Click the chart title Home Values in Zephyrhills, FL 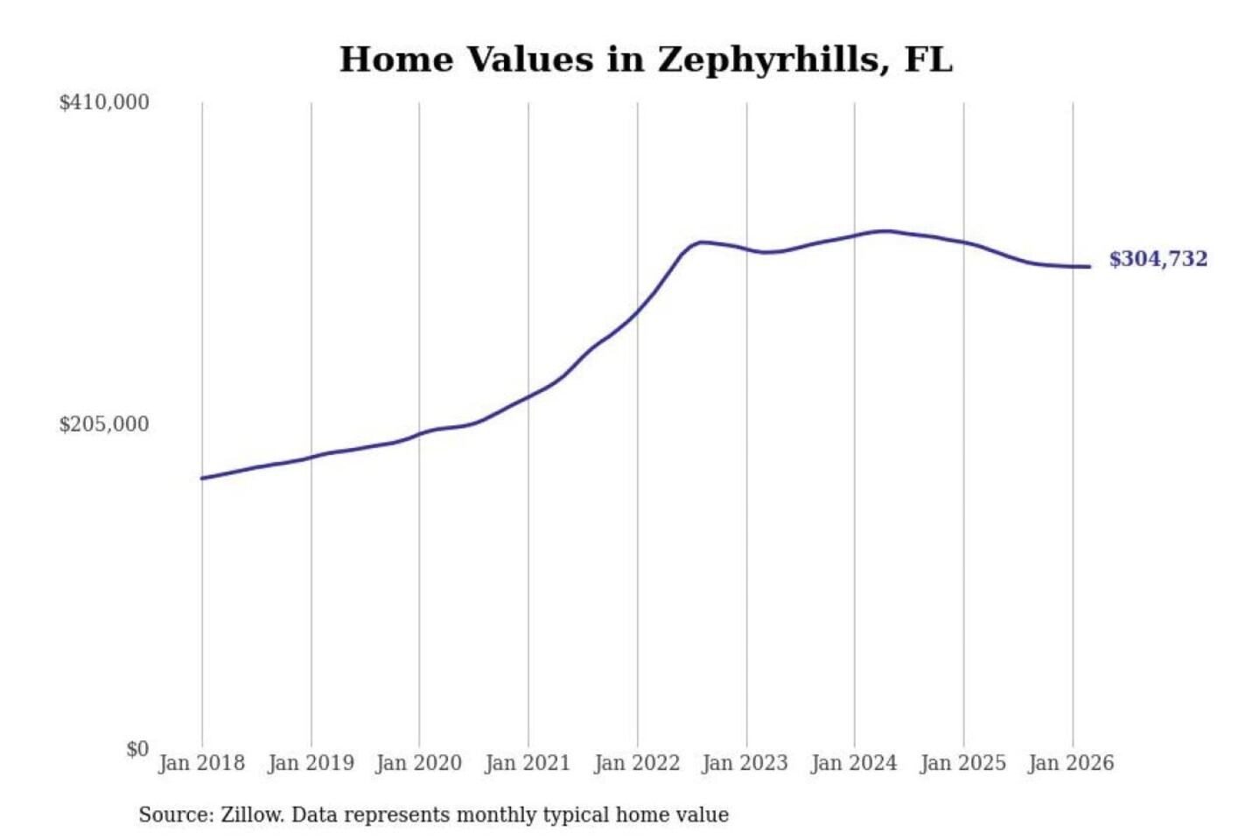coord(646,59)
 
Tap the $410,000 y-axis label coord(104,102)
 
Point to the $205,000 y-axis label coord(104,424)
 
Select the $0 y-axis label coord(137,749)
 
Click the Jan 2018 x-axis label coord(201,763)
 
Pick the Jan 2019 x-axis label coord(311,763)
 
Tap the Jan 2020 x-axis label coord(418,763)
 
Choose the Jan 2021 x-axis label coord(528,763)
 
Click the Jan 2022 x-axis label coord(637,763)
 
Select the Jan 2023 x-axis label coord(745,763)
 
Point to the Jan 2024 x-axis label coord(854,763)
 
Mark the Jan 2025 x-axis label coord(963,763)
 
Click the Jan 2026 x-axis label coord(1071,763)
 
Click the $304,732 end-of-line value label coord(1158,259)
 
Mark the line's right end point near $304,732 coord(1089,266)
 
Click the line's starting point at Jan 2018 coord(202,478)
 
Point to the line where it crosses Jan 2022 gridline coord(637,311)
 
